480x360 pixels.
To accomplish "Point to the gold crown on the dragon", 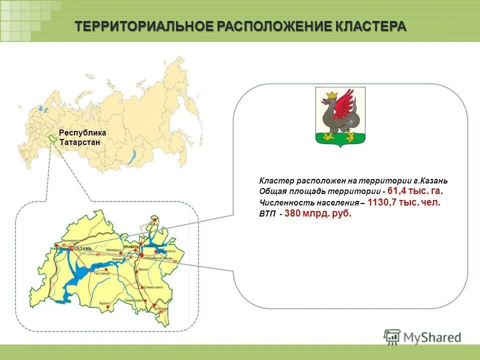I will click(330, 94).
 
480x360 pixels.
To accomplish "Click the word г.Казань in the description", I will click(433, 180).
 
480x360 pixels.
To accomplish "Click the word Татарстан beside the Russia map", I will click(79, 142).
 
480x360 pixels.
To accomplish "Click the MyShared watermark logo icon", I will click(392, 337).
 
